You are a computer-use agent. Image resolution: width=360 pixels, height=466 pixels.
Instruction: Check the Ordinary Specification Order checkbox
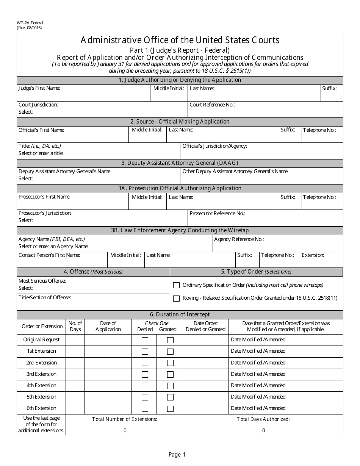point(176,285)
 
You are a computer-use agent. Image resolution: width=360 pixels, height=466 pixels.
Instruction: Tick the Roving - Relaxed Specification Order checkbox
point(176,298)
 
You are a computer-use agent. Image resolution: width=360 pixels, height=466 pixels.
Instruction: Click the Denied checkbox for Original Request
point(145,340)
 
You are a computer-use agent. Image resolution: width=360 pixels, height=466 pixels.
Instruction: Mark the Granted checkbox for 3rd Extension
point(170,374)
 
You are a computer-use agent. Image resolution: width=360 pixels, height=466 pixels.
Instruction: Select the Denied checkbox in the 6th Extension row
point(145,409)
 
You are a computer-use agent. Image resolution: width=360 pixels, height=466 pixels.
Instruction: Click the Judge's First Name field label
point(39,88)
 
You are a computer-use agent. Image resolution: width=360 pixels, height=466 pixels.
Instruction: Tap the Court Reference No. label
point(212,105)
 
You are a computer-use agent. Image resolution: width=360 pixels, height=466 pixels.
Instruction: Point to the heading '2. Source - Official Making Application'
point(180,122)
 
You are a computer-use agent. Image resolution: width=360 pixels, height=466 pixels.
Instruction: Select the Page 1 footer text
point(177,455)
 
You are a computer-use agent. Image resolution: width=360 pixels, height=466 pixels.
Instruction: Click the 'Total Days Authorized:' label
point(263,419)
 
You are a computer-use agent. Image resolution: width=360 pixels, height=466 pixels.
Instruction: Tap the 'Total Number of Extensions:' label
point(125,419)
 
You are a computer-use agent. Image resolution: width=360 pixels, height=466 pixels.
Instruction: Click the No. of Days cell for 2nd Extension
point(75,363)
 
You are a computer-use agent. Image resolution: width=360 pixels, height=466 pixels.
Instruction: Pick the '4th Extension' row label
point(41,385)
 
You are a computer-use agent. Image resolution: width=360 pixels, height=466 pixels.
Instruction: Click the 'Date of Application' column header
point(108,326)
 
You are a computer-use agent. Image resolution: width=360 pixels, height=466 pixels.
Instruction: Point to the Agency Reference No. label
point(239,239)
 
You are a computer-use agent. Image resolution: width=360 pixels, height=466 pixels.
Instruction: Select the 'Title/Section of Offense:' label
point(45,297)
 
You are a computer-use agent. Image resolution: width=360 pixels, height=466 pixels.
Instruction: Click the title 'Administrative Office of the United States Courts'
point(180,40)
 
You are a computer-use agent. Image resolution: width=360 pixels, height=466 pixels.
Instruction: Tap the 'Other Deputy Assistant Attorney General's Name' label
point(235,171)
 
